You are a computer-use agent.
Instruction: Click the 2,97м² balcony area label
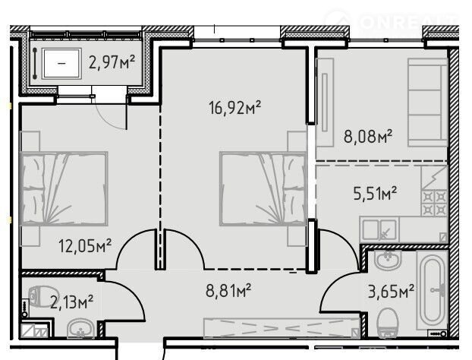click(x=112, y=62)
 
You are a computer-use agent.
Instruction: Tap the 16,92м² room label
click(x=234, y=108)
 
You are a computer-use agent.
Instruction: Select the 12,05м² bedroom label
click(x=85, y=245)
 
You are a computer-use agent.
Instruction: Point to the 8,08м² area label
click(x=368, y=136)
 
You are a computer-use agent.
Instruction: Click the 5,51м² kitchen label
click(x=375, y=193)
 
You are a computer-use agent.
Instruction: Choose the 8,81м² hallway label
click(x=228, y=290)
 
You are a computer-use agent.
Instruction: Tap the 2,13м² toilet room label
click(x=71, y=302)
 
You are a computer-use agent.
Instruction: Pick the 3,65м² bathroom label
click(x=391, y=292)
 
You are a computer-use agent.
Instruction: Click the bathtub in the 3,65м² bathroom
click(x=433, y=290)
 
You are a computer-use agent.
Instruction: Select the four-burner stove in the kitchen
click(x=434, y=203)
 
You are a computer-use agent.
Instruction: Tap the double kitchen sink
click(x=379, y=230)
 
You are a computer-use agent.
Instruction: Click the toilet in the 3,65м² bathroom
click(x=387, y=322)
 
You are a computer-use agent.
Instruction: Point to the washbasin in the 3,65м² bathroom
click(x=388, y=260)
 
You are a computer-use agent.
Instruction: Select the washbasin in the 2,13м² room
click(x=80, y=328)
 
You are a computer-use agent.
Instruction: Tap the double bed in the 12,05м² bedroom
click(x=64, y=188)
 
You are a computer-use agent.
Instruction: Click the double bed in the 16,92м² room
click(x=263, y=188)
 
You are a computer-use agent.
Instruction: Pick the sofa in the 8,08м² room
click(x=427, y=103)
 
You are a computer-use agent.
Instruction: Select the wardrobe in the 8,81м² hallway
click(x=282, y=328)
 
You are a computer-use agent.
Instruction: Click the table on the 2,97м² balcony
click(x=61, y=63)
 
